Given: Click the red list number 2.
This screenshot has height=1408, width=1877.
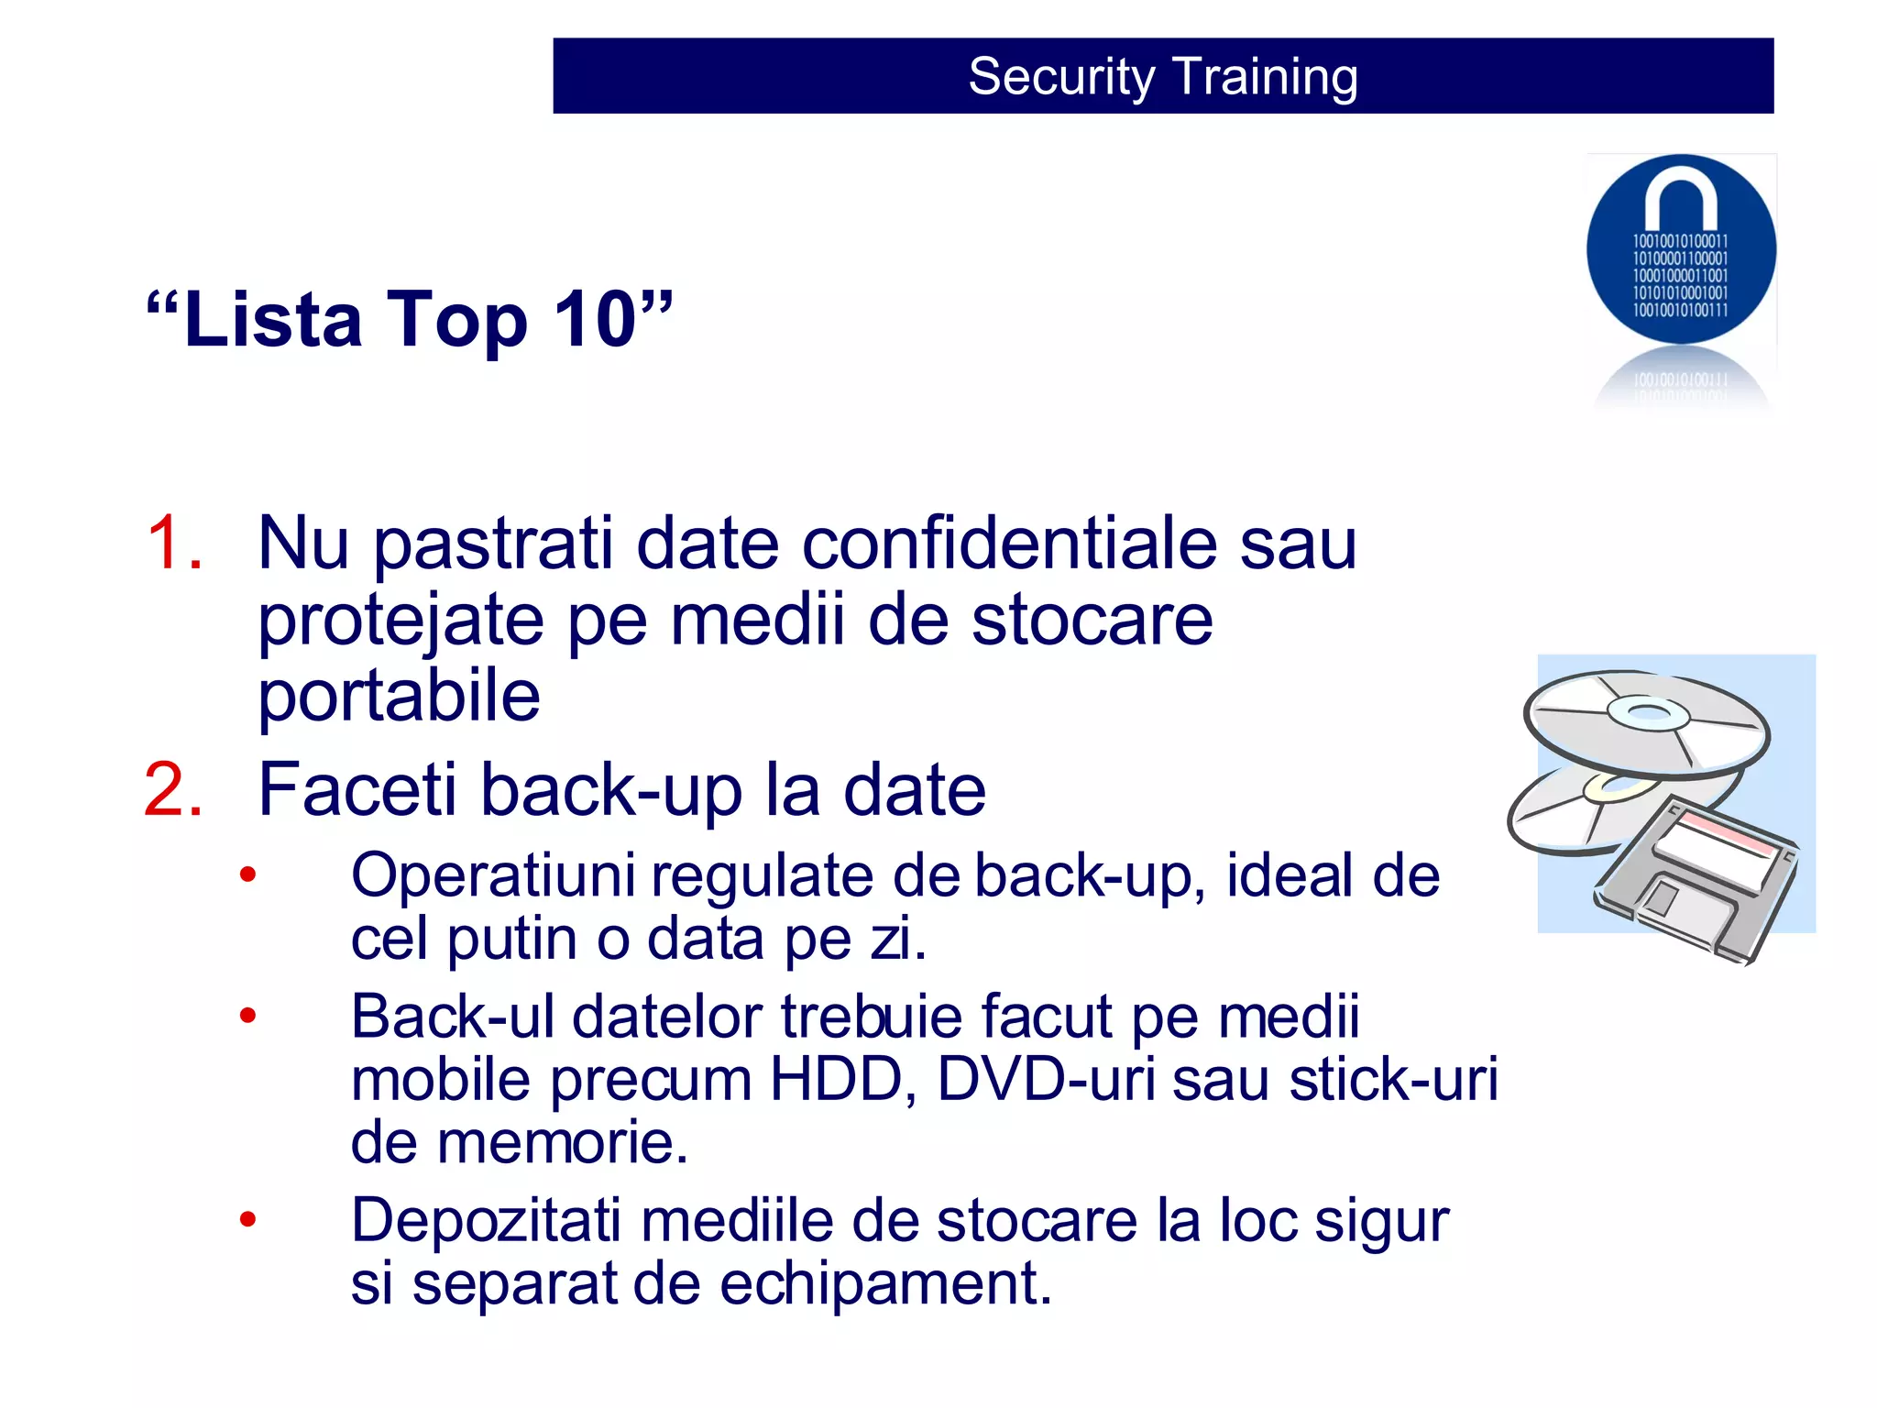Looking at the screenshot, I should pyautogui.click(x=172, y=790).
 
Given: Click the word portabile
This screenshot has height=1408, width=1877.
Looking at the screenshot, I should pyautogui.click(x=399, y=697).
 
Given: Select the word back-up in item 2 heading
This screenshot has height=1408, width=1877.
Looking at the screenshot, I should pyautogui.click(x=610, y=790).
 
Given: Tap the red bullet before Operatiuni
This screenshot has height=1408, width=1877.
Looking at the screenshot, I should pyautogui.click(x=247, y=875).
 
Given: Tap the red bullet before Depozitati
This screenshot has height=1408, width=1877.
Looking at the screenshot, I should pyautogui.click(x=247, y=1220).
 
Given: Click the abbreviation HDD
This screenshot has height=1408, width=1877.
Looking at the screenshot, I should pyautogui.click(x=836, y=1080).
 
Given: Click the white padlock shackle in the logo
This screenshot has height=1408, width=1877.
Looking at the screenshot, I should pyautogui.click(x=1680, y=197).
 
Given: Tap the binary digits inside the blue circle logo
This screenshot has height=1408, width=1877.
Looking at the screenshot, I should pyautogui.click(x=1680, y=275).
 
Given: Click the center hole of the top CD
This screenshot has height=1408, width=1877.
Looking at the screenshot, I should pyautogui.click(x=1648, y=712).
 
